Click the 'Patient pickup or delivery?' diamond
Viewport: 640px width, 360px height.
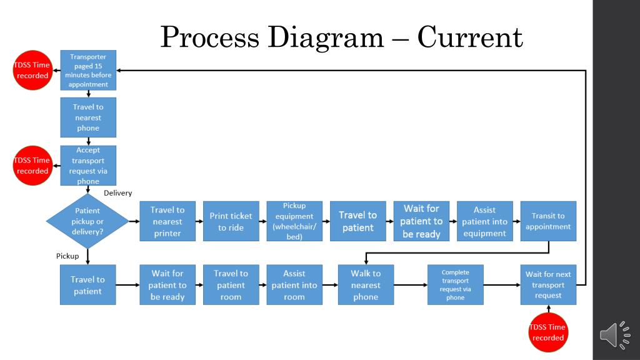tap(87, 221)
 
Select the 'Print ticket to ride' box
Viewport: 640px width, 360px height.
tap(231, 221)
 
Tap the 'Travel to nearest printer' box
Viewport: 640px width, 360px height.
tap(167, 221)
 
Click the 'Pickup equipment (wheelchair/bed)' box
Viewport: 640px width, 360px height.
tap(294, 221)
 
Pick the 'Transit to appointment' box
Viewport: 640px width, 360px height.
tap(548, 221)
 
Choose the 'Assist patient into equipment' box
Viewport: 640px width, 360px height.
tap(484, 221)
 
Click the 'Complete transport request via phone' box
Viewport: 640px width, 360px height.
tap(456, 285)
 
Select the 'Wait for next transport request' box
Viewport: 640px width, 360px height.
tap(548, 285)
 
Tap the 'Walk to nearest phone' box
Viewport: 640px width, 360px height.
tap(366, 285)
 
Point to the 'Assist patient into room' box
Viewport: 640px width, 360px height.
tap(294, 285)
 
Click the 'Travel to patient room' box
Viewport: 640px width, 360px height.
tap(231, 285)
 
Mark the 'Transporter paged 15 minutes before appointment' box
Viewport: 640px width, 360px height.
tap(88, 70)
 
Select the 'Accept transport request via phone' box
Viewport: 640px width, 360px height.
tap(88, 166)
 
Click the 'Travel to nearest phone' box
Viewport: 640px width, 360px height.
tap(88, 117)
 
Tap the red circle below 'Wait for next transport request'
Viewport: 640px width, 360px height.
tap(548, 332)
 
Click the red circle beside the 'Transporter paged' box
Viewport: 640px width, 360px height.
tap(32, 70)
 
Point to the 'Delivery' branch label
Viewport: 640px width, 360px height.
tap(117, 193)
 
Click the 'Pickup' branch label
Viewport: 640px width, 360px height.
tap(67, 256)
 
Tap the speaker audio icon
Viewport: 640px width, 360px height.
tap(615, 335)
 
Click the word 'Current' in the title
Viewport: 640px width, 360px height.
tap(470, 37)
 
